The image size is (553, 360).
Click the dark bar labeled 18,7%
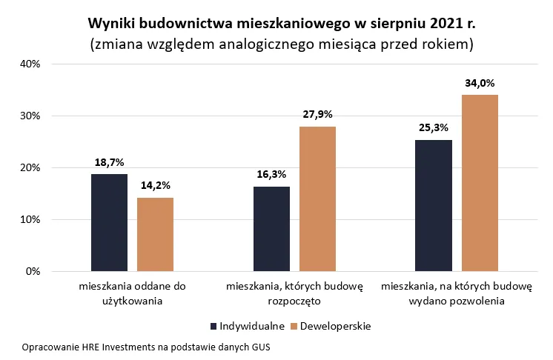pos(109,222)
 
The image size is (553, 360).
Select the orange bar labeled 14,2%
pos(155,234)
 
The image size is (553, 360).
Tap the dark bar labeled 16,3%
pos(271,229)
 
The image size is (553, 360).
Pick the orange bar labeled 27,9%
pos(317,199)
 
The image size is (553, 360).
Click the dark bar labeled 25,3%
pos(434,205)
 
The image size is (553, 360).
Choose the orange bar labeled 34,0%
pos(480,183)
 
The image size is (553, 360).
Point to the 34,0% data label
pos(480,84)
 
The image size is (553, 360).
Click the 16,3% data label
pos(271,176)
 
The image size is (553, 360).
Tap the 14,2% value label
pos(155,187)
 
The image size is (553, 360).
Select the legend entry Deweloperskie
pos(331,326)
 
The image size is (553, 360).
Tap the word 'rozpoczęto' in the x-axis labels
pos(294,301)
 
